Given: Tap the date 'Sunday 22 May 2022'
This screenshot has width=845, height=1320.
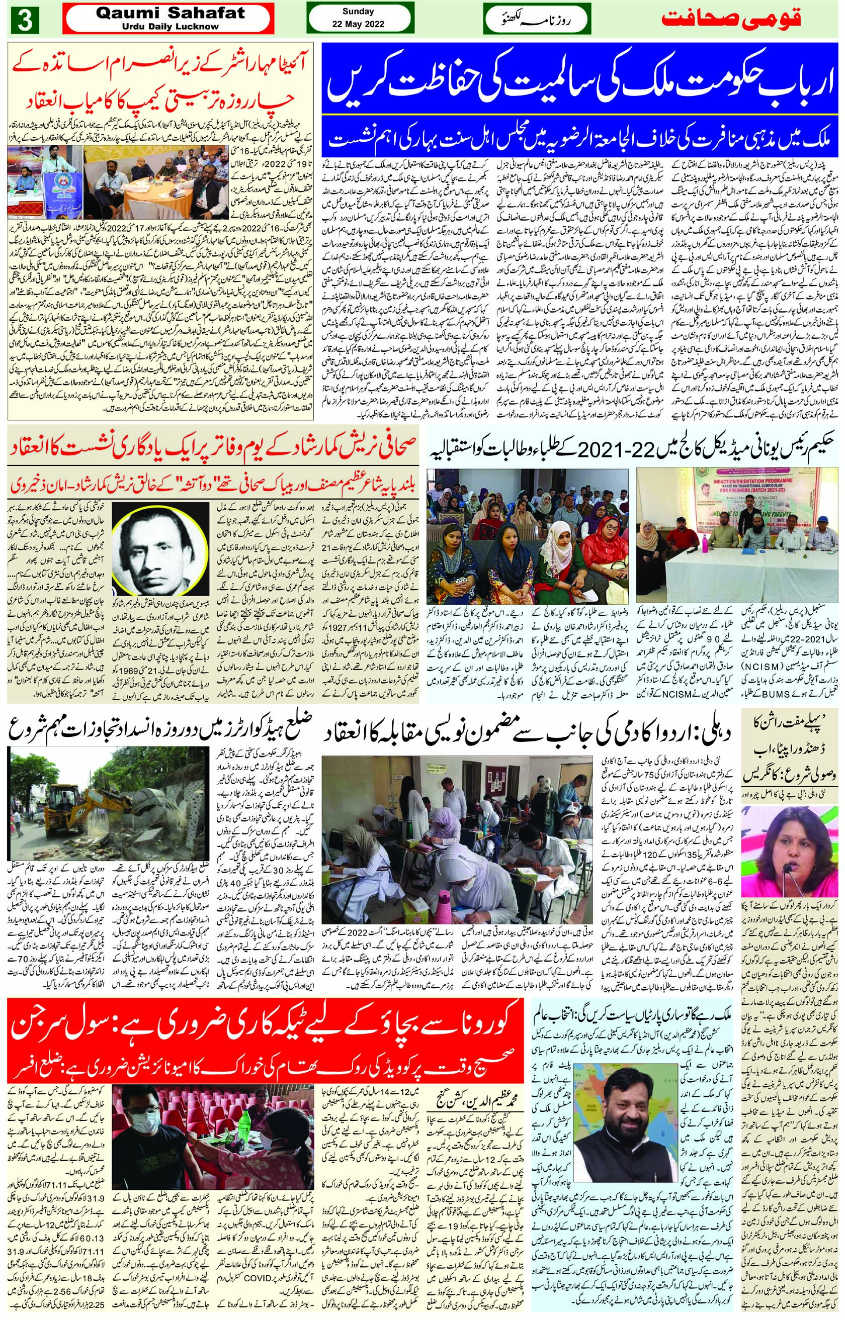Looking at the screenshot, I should click(x=358, y=18).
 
